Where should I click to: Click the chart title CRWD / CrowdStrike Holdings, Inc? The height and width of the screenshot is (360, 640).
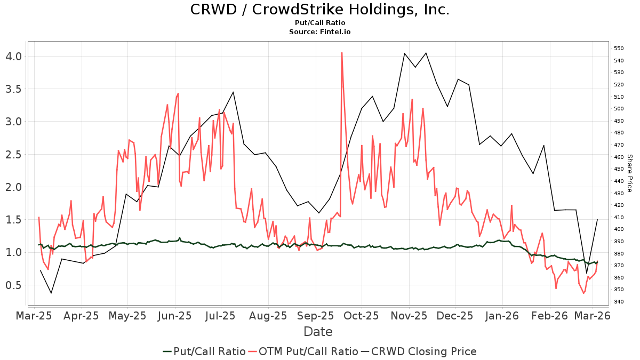pyautogui.click(x=319, y=10)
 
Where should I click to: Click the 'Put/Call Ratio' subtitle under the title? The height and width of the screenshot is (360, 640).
pyautogui.click(x=319, y=23)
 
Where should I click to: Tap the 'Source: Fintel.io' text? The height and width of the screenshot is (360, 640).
pyautogui.click(x=319, y=32)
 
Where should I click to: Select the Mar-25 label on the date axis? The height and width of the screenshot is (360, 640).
pyautogui.click(x=35, y=315)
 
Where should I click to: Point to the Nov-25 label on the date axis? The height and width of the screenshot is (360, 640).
pyautogui.click(x=409, y=315)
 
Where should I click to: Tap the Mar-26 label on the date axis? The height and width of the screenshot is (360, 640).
pyautogui.click(x=592, y=315)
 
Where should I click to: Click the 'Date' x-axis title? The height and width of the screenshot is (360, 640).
pyautogui.click(x=318, y=332)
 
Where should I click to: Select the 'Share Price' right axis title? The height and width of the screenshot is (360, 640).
pyautogui.click(x=629, y=173)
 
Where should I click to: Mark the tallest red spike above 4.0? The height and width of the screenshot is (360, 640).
pyautogui.click(x=341, y=53)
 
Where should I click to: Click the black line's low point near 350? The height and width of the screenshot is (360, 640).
pyautogui.click(x=51, y=293)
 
